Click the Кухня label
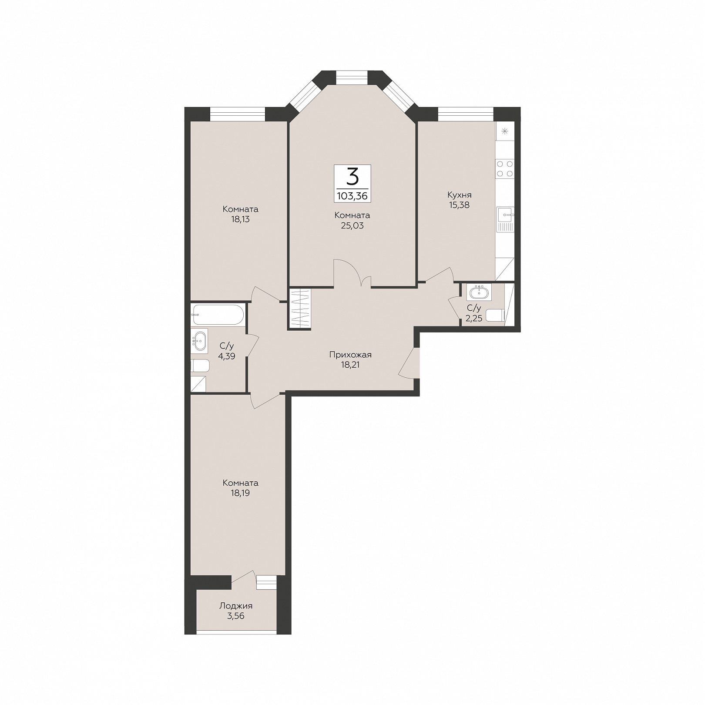[x=459, y=195]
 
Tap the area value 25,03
[x=352, y=225]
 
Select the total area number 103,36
[x=352, y=196]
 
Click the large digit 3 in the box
[x=352, y=177]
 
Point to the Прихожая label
[x=350, y=355]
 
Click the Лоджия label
[x=235, y=606]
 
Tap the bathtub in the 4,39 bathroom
[x=218, y=314]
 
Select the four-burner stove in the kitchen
[x=505, y=168]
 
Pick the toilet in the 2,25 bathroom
[x=495, y=316]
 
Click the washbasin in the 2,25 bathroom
[x=479, y=292]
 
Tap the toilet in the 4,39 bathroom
[x=200, y=366]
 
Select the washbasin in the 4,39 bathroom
[x=199, y=341]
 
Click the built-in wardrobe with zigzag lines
[x=299, y=309]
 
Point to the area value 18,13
[x=240, y=219]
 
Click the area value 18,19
[x=240, y=493]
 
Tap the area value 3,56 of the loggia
[x=235, y=616]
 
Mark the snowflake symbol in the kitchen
[x=505, y=131]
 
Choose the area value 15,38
[x=459, y=205]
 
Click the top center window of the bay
[x=352, y=77]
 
